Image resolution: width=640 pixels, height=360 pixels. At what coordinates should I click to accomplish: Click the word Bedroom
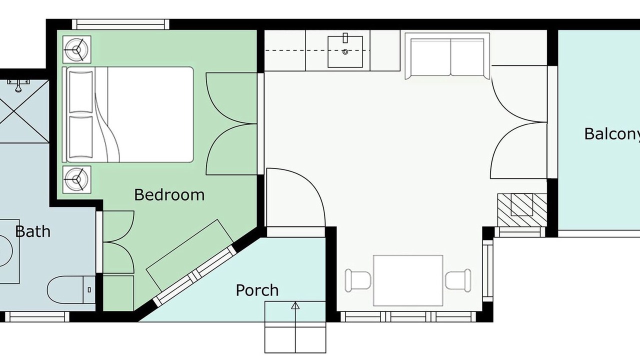[169, 195]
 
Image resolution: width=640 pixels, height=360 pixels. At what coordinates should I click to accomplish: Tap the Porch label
[257, 290]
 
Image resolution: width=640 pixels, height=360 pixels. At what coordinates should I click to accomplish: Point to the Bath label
[33, 231]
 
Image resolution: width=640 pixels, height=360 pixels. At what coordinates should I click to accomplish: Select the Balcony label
[612, 134]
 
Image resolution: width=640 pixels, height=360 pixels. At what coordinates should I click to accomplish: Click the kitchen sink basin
[345, 52]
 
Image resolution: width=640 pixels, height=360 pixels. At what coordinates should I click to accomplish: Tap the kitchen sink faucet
[345, 38]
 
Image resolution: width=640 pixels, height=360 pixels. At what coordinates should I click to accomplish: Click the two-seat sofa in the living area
[447, 56]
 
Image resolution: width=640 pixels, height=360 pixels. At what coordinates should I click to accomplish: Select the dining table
[408, 280]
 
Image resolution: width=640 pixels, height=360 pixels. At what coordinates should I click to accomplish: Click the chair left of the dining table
[357, 280]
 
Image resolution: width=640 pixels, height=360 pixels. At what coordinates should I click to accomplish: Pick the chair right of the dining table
[458, 280]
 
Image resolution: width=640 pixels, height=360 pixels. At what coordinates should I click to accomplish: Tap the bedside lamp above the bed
[76, 49]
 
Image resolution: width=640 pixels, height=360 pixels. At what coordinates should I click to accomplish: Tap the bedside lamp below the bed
[76, 179]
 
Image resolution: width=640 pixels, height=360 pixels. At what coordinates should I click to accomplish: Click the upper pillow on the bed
[81, 92]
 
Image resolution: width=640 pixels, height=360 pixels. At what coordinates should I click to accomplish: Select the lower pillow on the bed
[81, 137]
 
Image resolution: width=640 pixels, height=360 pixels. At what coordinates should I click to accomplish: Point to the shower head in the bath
[18, 85]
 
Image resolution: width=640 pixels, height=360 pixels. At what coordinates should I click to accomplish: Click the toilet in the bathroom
[71, 289]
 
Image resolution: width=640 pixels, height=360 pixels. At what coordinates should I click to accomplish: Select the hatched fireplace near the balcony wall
[522, 210]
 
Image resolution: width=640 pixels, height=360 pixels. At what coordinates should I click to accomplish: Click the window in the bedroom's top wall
[120, 24]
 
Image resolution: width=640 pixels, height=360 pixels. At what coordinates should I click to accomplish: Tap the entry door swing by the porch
[296, 197]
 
